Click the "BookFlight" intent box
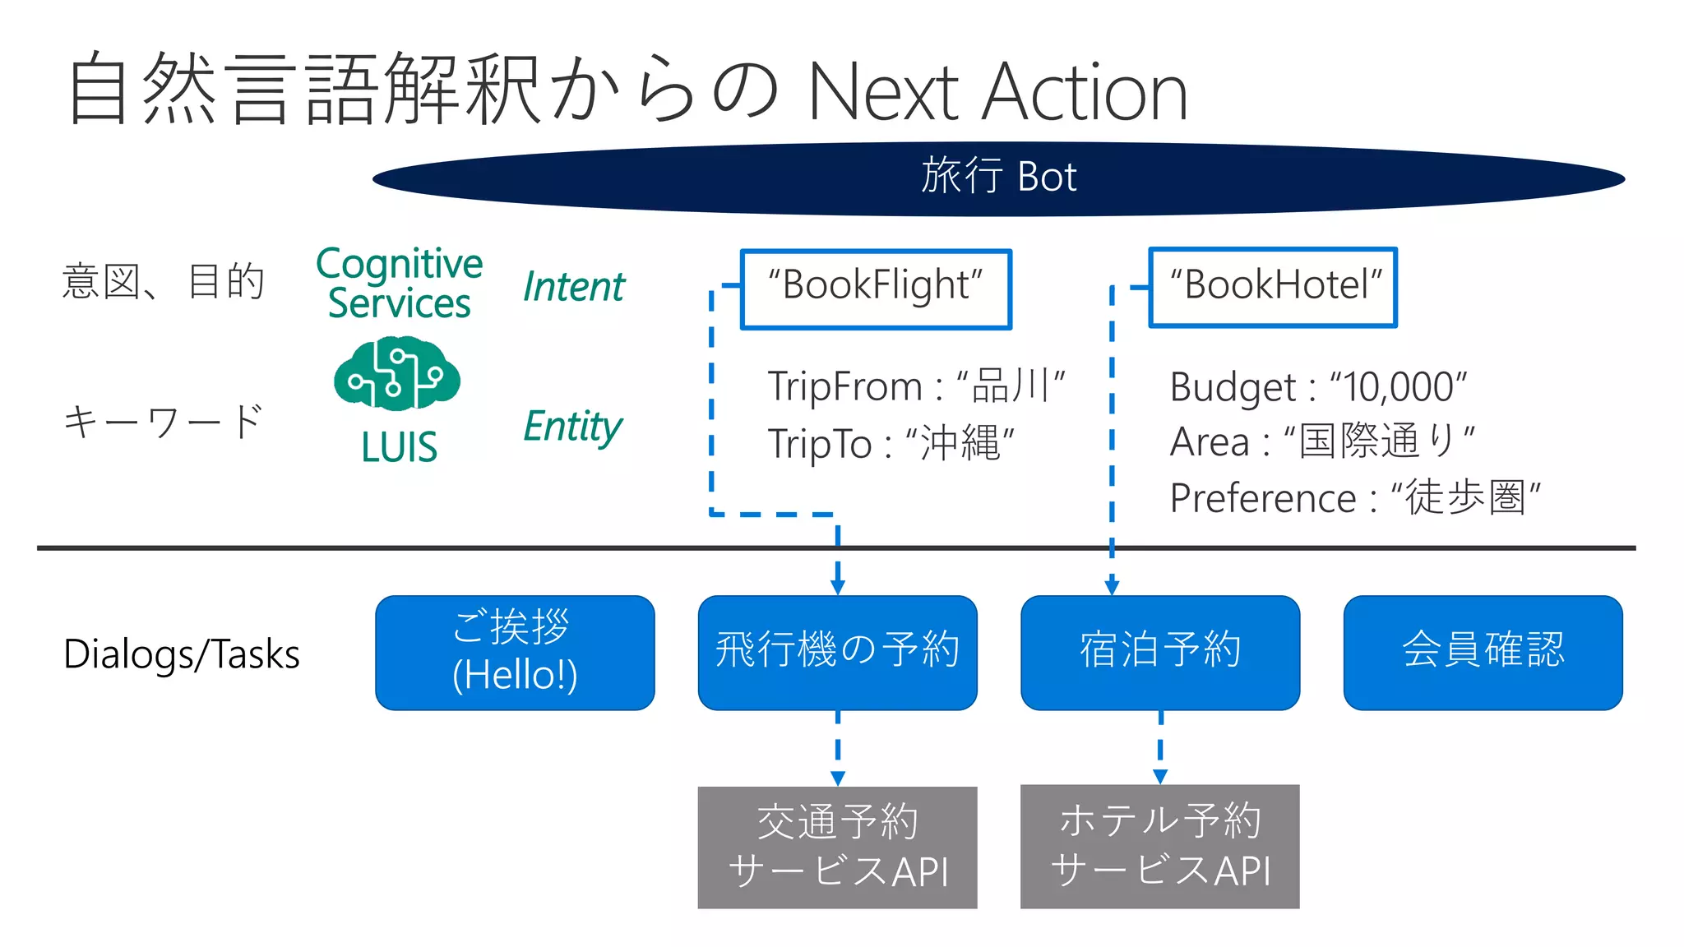click(x=876, y=289)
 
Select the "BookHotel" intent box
click(x=1273, y=287)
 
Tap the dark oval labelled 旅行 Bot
click(x=998, y=178)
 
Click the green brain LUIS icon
click(x=397, y=373)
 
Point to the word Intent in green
click(x=574, y=287)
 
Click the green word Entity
click(x=573, y=427)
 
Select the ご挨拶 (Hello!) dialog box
click(x=515, y=653)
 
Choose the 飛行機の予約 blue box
click(x=837, y=653)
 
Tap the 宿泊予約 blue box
click(x=1159, y=653)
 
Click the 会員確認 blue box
click(x=1483, y=653)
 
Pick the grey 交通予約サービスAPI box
click(x=837, y=847)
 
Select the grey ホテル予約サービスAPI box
click(x=1159, y=846)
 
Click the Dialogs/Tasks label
click(x=182, y=655)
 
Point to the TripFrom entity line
click(x=915, y=386)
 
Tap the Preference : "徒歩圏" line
click(x=1354, y=498)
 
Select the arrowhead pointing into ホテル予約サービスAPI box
click(x=1160, y=777)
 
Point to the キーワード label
click(x=163, y=422)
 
